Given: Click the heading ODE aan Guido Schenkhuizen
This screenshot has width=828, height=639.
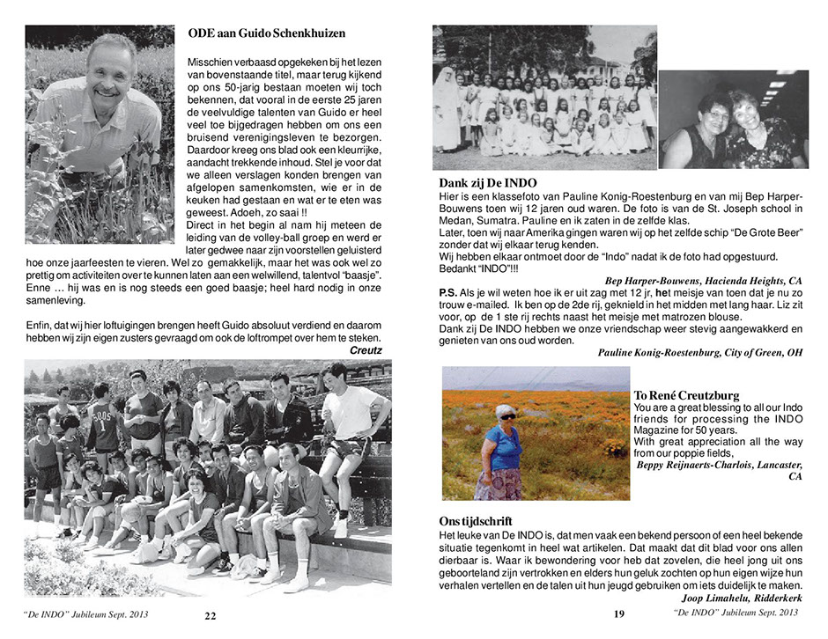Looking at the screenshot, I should (x=266, y=33).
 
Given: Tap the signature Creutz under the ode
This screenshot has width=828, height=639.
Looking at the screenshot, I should (x=366, y=349).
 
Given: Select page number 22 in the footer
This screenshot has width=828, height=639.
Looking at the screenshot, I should (x=210, y=615).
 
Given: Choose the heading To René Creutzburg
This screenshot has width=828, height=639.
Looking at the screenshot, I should (x=687, y=395).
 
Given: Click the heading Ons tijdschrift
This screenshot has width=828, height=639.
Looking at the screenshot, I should (x=476, y=521).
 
